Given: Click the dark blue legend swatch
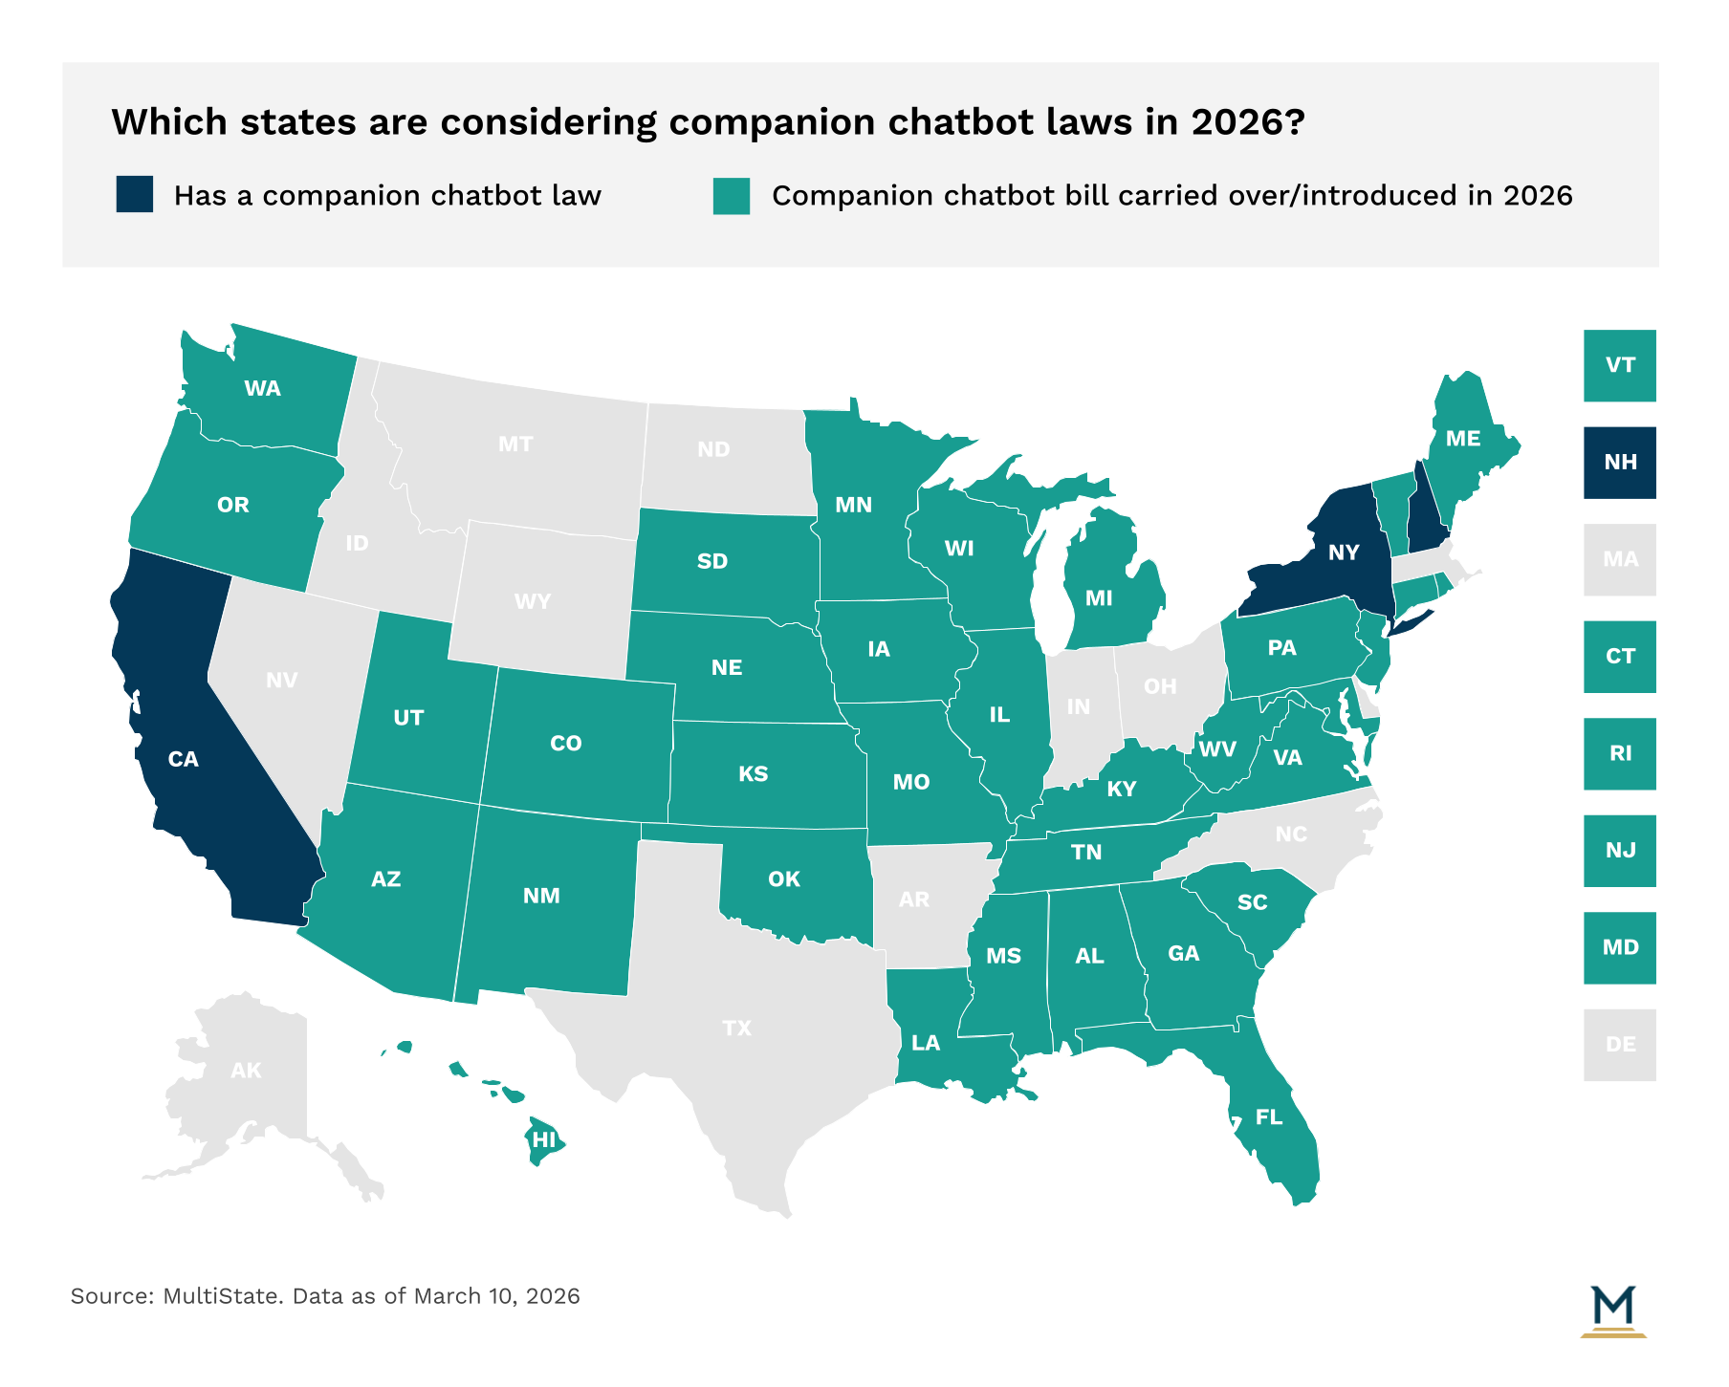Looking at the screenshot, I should tap(134, 194).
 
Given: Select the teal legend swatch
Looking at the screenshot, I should tap(731, 195).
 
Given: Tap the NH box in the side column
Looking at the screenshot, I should tap(1619, 463).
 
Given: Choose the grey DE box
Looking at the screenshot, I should tap(1619, 1045).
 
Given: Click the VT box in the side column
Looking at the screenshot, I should tap(1619, 365).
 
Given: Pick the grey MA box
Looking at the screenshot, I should tap(1619, 559).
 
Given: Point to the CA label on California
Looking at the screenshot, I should tap(183, 759).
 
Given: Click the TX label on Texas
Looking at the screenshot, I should tap(736, 1029).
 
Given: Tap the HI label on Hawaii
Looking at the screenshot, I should tap(543, 1139).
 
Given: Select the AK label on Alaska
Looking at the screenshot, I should tap(246, 1071).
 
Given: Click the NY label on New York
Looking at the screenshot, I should tap(1343, 553).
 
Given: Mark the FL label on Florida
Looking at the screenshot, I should tap(1268, 1117).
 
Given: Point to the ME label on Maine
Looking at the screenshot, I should tap(1462, 439).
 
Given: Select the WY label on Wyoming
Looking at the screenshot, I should tap(532, 601).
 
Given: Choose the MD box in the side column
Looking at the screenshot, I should tap(1619, 947).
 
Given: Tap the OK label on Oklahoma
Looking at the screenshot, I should tap(783, 878).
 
